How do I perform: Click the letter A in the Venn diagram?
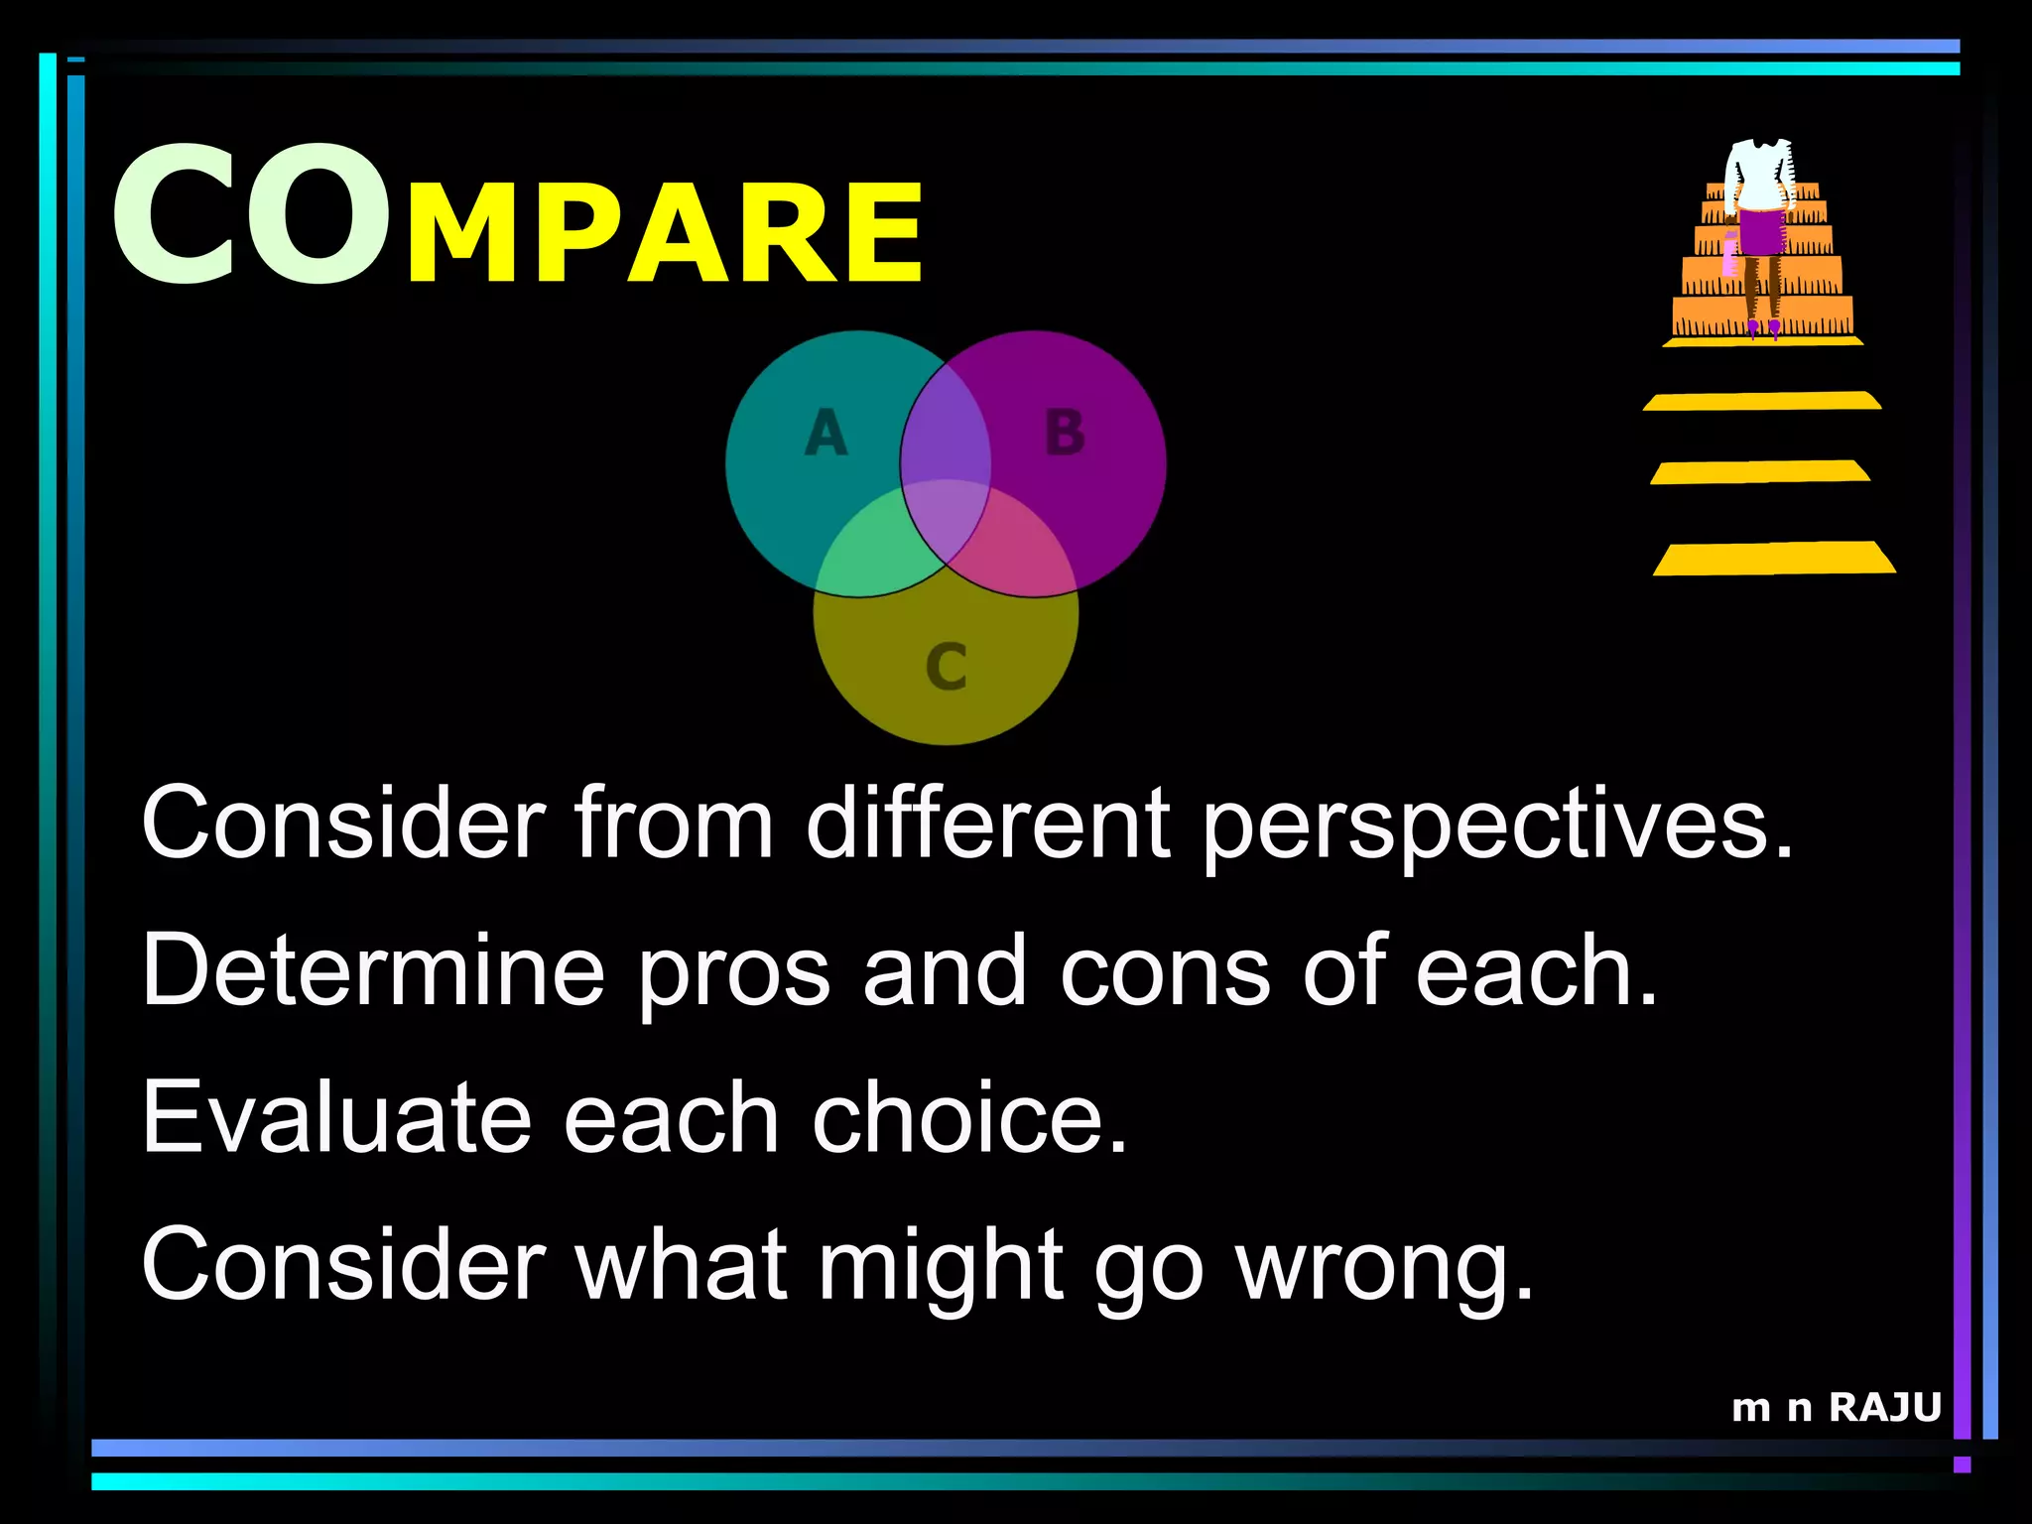(826, 435)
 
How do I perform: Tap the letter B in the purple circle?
(1065, 434)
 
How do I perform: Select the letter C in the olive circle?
(946, 666)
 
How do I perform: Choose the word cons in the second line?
(1165, 972)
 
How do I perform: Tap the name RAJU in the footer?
(1884, 1408)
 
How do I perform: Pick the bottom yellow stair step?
(1773, 559)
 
